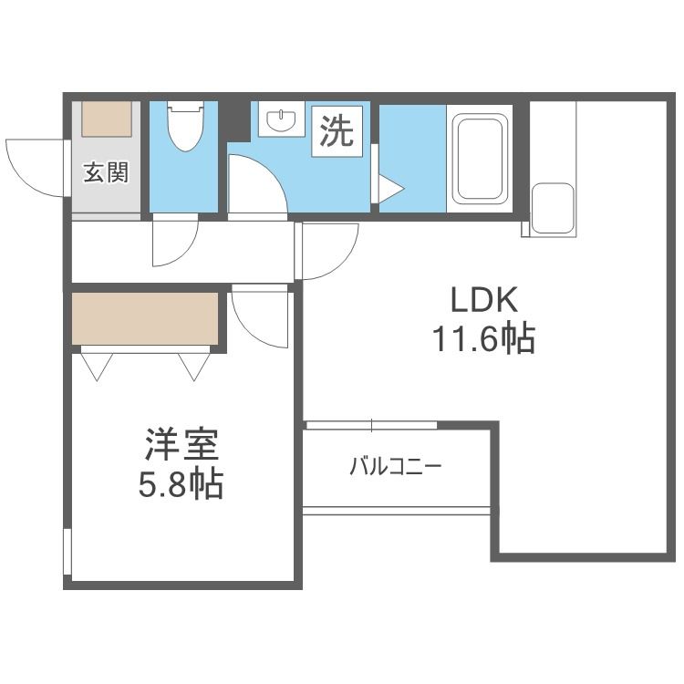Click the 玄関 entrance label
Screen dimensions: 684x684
[106, 172]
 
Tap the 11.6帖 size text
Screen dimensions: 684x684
[482, 340]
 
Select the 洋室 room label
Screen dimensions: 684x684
[181, 447]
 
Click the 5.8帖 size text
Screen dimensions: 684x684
[181, 484]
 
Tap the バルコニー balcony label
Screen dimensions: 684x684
[396, 467]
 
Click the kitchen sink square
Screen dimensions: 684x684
[553, 208]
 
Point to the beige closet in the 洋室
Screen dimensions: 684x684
[145, 318]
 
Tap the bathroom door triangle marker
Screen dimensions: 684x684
[390, 189]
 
